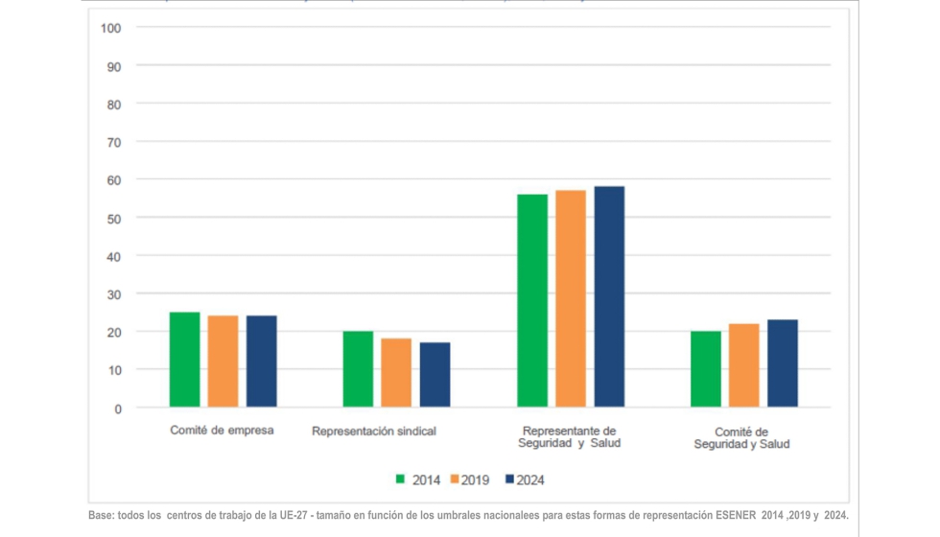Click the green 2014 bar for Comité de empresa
tap(184, 360)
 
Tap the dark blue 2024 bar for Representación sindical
tap(435, 375)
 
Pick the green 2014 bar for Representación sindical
tap(358, 369)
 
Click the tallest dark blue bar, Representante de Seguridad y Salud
tap(608, 297)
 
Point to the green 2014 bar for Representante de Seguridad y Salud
tap(531, 301)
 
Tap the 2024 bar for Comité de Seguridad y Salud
tap(782, 363)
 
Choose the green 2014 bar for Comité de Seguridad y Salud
tap(705, 369)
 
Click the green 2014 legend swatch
tap(401, 479)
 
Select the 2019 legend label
tap(475, 479)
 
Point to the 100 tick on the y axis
tap(110, 28)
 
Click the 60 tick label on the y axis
tap(114, 179)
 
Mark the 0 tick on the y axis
tap(117, 409)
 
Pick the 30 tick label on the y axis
tap(114, 293)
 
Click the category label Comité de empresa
tap(222, 431)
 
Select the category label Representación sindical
tap(374, 432)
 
